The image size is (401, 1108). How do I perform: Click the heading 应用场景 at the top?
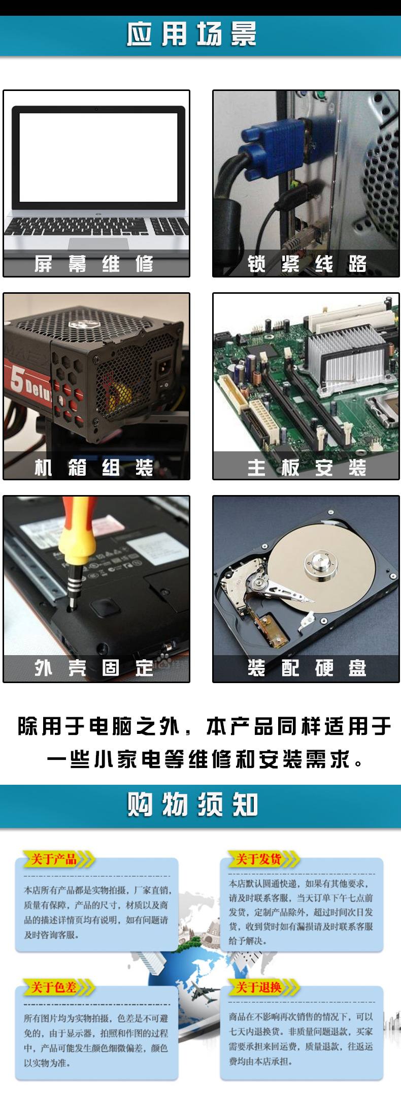tap(192, 35)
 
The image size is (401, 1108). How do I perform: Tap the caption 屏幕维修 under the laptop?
tap(94, 264)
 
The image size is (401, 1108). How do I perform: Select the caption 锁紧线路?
tap(307, 264)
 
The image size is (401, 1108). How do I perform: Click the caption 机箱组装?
tap(94, 467)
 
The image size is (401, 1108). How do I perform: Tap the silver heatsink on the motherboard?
tap(345, 356)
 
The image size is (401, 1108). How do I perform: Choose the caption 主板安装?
tap(307, 467)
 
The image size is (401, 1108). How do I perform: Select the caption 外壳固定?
tap(94, 667)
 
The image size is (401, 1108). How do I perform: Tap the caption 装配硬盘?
tap(307, 667)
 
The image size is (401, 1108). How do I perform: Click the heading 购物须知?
tap(193, 805)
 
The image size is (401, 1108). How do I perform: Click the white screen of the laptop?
tap(98, 158)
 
